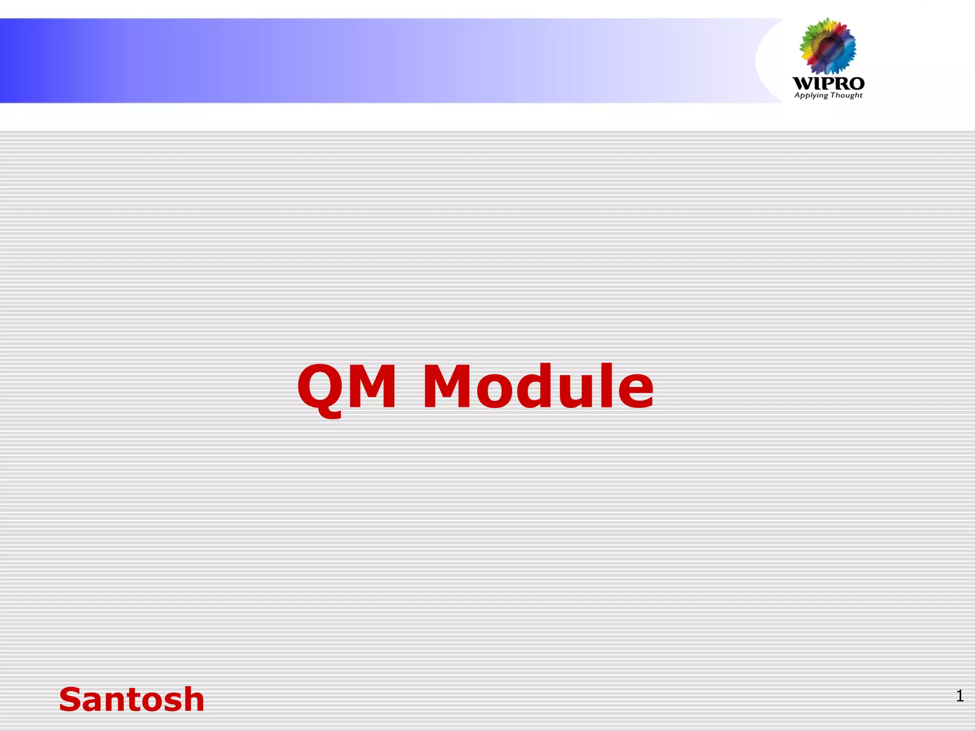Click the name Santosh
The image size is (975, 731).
pos(131,700)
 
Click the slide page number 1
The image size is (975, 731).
pos(960,696)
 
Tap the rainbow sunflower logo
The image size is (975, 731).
pos(827,46)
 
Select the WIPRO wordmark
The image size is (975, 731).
pos(828,84)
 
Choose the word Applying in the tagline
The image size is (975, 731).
pos(811,96)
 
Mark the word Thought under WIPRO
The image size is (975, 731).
pos(846,95)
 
